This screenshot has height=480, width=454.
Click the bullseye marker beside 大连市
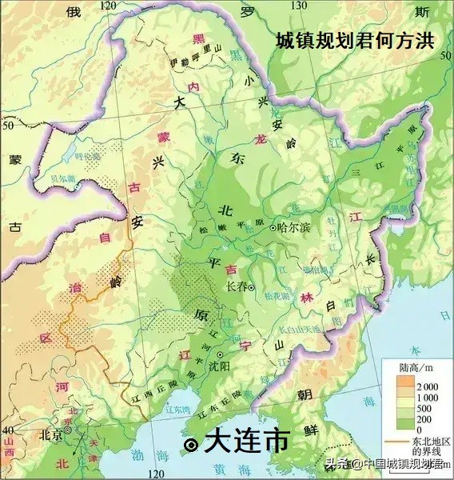pos(190,445)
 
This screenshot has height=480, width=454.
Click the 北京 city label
pos(50,435)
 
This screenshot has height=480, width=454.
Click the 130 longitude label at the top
pos(300,6)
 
